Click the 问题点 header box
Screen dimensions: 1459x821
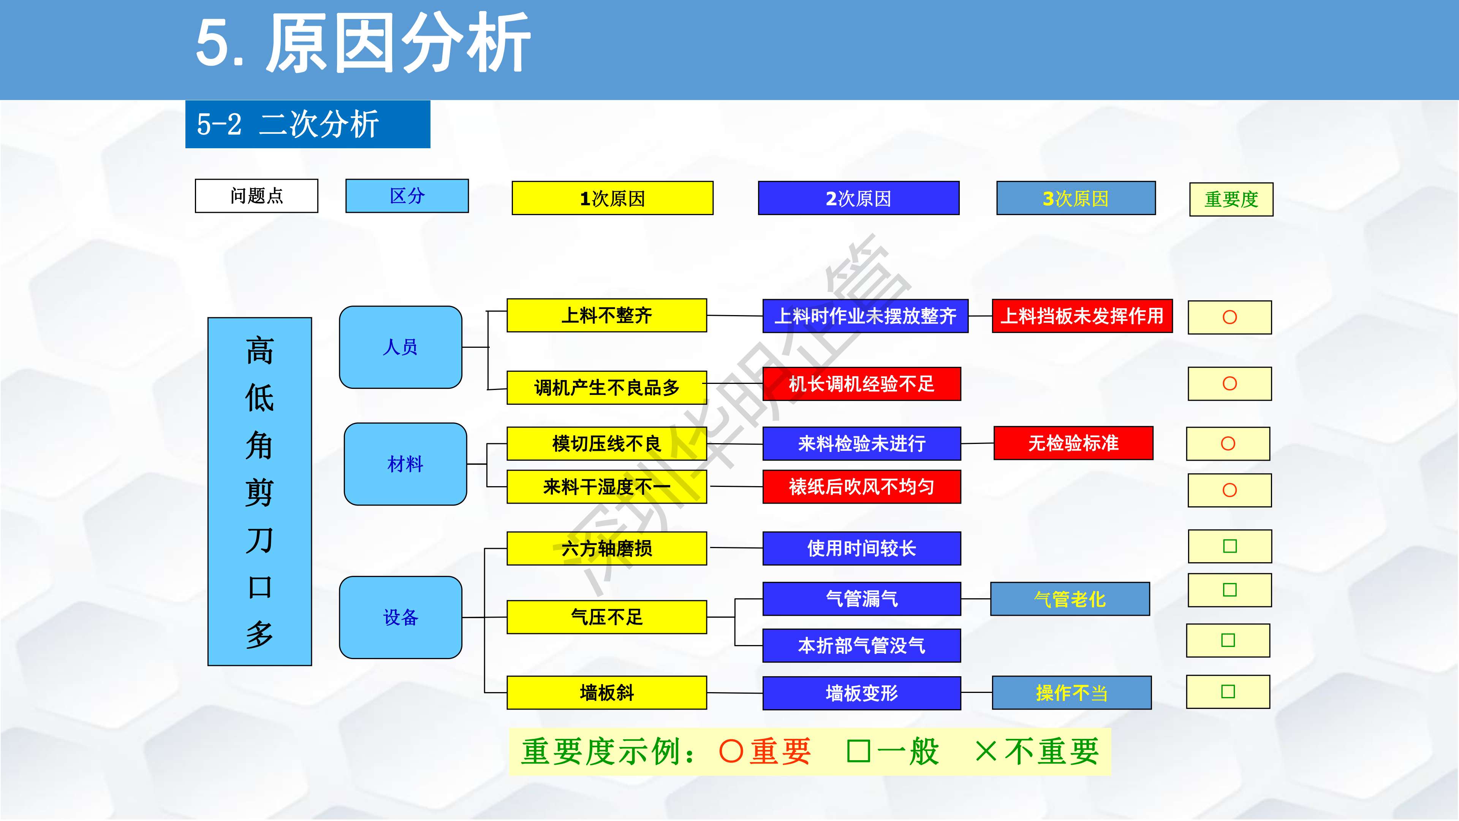pyautogui.click(x=256, y=196)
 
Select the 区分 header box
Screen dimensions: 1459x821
pyautogui.click(x=407, y=196)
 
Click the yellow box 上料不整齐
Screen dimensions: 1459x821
pyautogui.click(x=607, y=315)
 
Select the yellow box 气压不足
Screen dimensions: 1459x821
pyautogui.click(x=607, y=617)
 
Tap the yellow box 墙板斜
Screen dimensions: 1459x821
pyautogui.click(x=607, y=693)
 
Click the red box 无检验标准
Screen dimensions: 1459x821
pyautogui.click(x=1073, y=443)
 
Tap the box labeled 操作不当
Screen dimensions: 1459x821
pyautogui.click(x=1071, y=693)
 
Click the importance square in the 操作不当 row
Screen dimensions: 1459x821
pyautogui.click(x=1228, y=692)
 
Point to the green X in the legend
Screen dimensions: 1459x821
pyautogui.click(x=986, y=752)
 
